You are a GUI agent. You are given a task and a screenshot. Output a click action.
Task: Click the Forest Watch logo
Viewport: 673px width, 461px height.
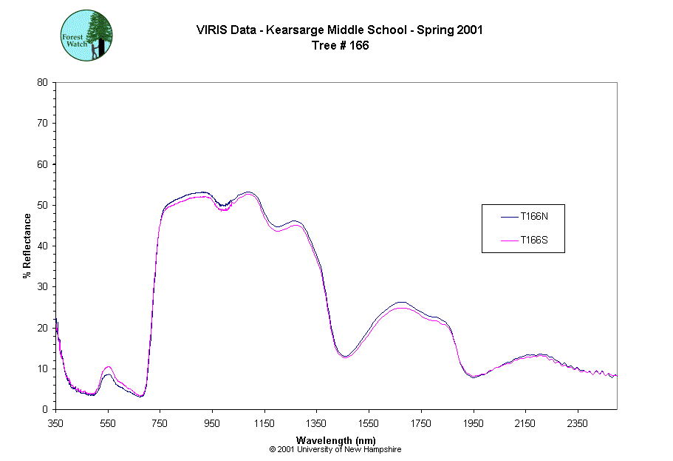pos(86,35)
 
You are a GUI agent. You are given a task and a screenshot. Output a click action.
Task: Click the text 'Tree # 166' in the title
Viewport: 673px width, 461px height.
pos(340,45)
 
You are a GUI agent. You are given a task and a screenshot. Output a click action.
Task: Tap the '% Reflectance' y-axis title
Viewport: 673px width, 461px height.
pos(27,246)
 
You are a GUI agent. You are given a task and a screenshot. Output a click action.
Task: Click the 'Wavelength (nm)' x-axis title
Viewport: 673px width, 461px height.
pos(335,440)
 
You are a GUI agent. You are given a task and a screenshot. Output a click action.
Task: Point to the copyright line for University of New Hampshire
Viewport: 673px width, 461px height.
pos(335,449)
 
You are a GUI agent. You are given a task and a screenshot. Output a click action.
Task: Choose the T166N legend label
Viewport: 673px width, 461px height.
pos(534,217)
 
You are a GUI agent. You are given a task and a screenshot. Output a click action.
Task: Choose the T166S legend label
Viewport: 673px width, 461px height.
pos(534,240)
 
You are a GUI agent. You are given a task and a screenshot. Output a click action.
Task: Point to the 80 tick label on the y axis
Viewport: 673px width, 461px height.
pos(42,82)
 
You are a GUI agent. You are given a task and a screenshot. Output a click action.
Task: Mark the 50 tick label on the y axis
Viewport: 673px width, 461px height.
pos(42,205)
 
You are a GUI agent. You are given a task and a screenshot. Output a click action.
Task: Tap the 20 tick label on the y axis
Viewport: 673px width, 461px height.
pos(42,328)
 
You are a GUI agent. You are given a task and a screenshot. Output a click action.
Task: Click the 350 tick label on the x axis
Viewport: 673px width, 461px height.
pos(56,423)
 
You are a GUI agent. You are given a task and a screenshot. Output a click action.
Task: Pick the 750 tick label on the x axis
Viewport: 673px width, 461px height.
pos(160,423)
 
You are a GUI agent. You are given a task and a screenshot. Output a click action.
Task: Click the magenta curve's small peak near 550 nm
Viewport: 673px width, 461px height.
pos(109,367)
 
